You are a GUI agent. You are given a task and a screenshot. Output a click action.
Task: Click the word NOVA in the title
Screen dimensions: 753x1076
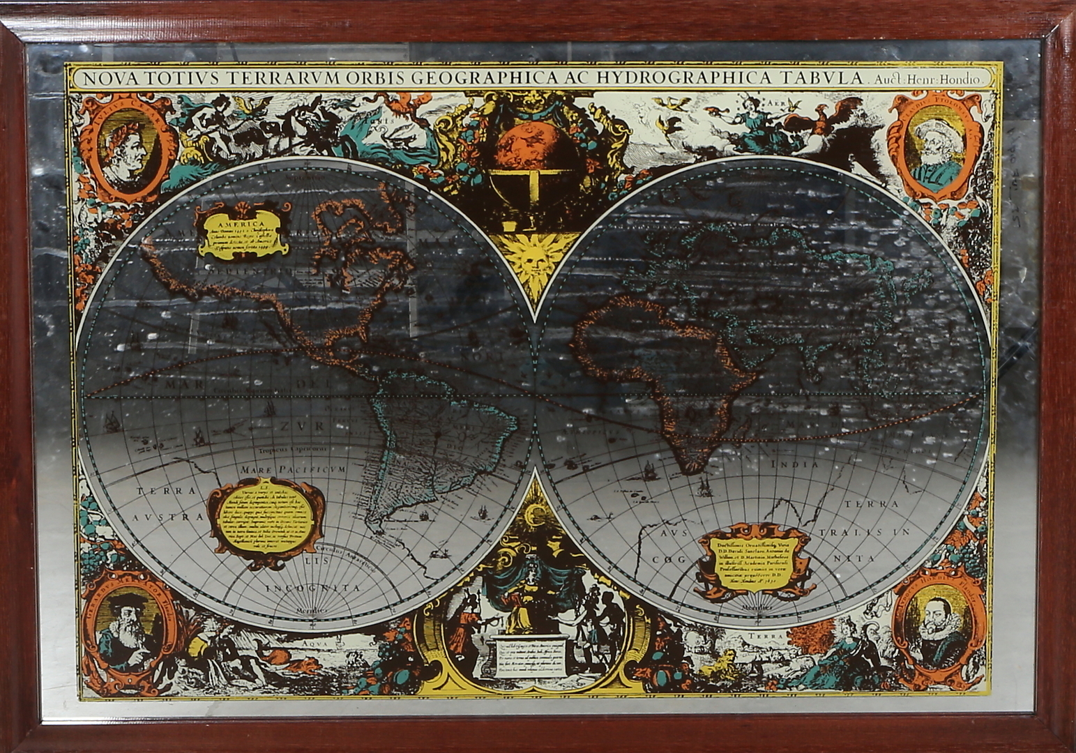106,78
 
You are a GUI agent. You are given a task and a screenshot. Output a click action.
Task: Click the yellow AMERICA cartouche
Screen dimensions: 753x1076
241,231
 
